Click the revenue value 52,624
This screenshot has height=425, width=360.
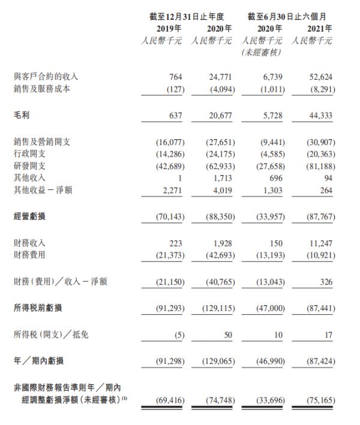[320, 77]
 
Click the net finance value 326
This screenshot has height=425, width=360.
[326, 281]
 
